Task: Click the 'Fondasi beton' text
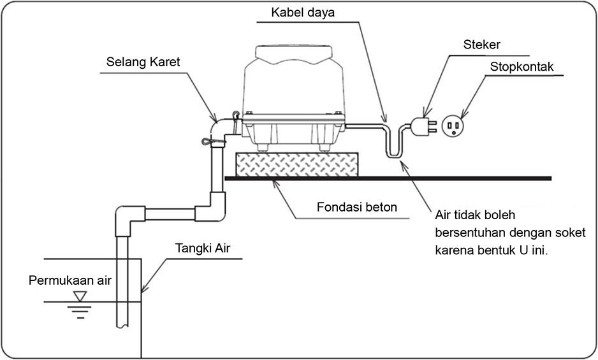pyautogui.click(x=357, y=207)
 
